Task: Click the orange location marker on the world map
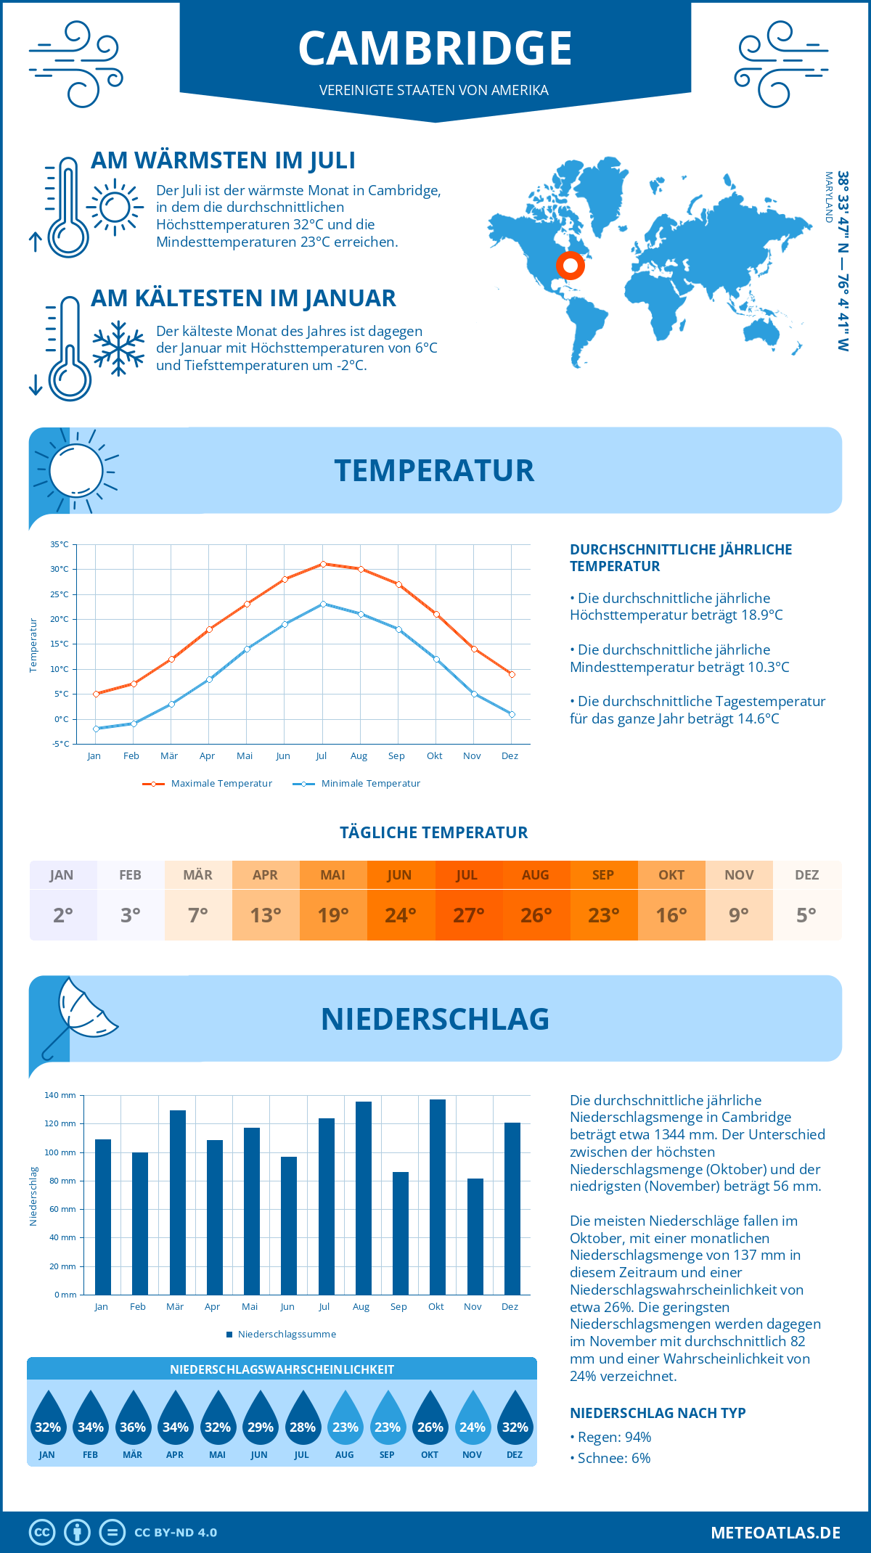pyautogui.click(x=571, y=266)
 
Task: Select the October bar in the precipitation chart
pyautogui.click(x=437, y=1197)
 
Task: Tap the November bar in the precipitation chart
pyautogui.click(x=475, y=1237)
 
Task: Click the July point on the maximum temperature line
pyautogui.click(x=323, y=564)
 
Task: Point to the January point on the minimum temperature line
pyautogui.click(x=96, y=729)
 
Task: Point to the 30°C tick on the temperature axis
pyautogui.click(x=60, y=570)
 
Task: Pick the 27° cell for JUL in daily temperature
pyautogui.click(x=468, y=915)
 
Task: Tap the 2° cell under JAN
pyautogui.click(x=62, y=915)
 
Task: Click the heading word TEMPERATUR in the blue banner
pyautogui.click(x=434, y=470)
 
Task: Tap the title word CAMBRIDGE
pyautogui.click(x=435, y=49)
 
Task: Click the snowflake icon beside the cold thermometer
pyautogui.click(x=118, y=348)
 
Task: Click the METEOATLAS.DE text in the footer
pyautogui.click(x=775, y=1533)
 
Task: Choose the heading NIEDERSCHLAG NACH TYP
pyautogui.click(x=658, y=1413)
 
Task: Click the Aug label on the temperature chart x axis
pyautogui.click(x=359, y=756)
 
